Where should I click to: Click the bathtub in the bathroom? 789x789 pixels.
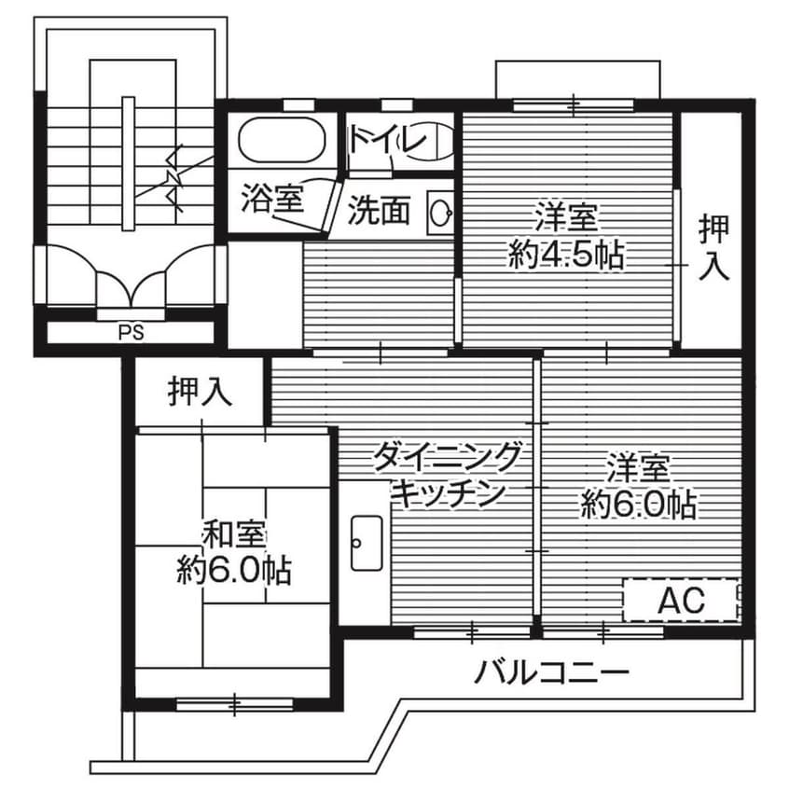point(281,142)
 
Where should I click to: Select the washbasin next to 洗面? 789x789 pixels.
point(439,214)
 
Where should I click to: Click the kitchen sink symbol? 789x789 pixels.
point(365,542)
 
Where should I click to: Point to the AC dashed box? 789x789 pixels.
point(680,601)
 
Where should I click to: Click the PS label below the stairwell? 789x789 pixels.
point(131,332)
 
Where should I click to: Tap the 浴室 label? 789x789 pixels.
point(271,198)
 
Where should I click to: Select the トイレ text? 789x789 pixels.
point(388,141)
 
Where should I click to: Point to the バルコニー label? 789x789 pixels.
point(551,671)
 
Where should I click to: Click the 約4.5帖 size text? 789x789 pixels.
point(566,254)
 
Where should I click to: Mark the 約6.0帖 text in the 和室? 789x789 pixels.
point(234,569)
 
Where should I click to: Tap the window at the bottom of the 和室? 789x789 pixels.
point(233,702)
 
